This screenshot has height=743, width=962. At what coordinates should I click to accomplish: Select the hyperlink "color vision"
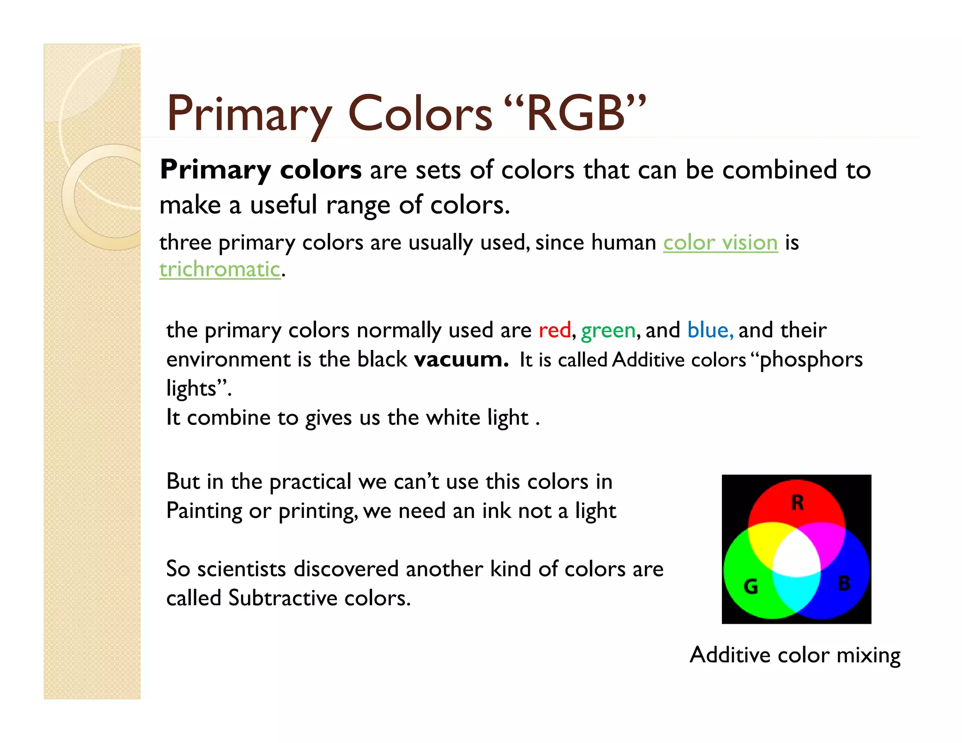click(x=720, y=243)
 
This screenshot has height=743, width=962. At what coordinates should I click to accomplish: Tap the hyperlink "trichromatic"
click(x=219, y=270)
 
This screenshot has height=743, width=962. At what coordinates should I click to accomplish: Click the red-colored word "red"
click(x=554, y=330)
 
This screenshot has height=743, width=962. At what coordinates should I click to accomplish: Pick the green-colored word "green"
click(x=608, y=330)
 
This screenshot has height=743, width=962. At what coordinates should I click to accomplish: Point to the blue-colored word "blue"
click(x=708, y=330)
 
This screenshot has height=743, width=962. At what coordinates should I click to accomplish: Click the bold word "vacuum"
click(x=460, y=360)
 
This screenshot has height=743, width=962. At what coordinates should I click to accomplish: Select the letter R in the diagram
click(x=797, y=503)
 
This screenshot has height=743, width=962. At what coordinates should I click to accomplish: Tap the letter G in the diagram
click(x=751, y=586)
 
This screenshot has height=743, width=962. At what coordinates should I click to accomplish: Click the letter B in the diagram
click(x=844, y=583)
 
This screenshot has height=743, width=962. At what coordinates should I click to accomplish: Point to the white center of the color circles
click(x=797, y=554)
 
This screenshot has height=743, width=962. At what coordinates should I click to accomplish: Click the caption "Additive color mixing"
click(x=795, y=655)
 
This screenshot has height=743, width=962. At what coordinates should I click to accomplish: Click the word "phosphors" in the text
click(x=811, y=360)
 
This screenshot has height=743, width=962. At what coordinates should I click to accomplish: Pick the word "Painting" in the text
click(x=204, y=511)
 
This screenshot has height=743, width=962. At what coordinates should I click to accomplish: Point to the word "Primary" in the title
click(x=249, y=115)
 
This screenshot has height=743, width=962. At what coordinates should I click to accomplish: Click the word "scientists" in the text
click(x=241, y=569)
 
